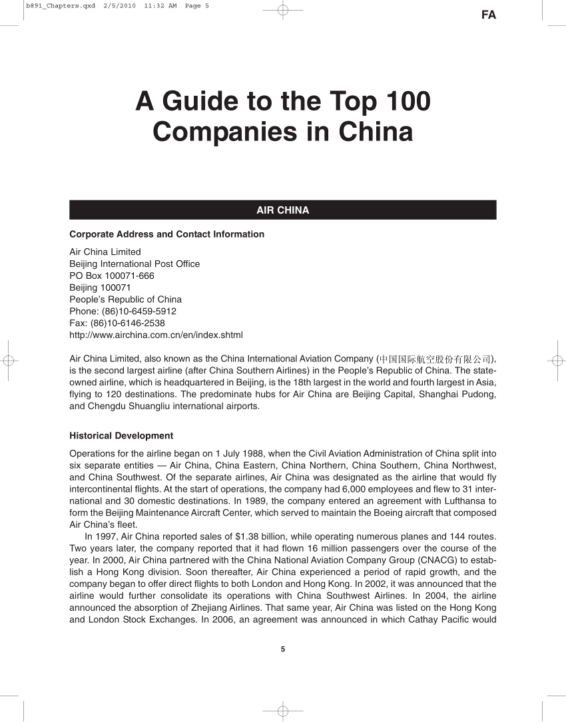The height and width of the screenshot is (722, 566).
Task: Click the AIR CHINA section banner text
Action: (282, 210)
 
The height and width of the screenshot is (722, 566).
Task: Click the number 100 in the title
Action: (404, 102)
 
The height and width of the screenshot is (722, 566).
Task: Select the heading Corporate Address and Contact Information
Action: (166, 234)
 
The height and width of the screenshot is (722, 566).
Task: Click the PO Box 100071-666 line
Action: (112, 275)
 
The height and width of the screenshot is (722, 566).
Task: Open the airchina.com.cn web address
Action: (156, 335)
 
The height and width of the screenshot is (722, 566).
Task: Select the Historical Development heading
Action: (121, 436)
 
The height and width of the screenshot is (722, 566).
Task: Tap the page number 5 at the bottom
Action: (283, 649)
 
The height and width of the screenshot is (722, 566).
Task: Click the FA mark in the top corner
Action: (488, 15)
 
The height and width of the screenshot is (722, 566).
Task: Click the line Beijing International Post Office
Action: (135, 264)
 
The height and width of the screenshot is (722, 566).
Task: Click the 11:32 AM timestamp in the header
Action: (160, 6)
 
